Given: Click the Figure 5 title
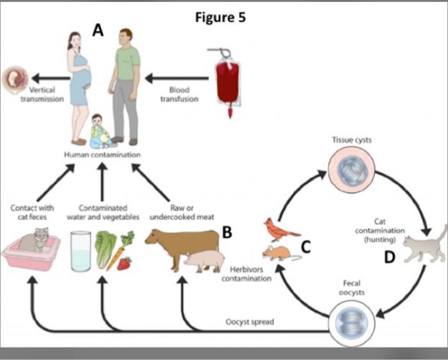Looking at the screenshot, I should pyautogui.click(x=220, y=17).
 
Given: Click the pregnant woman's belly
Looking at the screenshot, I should pyautogui.click(x=84, y=78).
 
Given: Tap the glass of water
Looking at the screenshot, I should pyautogui.click(x=81, y=252).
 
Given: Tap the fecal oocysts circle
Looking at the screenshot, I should pyautogui.click(x=351, y=323).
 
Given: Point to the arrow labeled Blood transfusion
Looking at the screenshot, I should pyautogui.click(x=177, y=79).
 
